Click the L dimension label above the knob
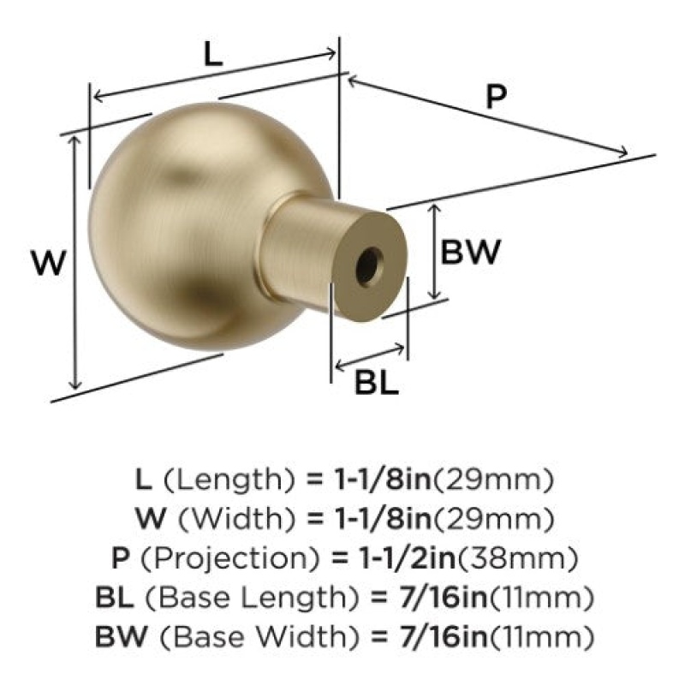coord(213,55)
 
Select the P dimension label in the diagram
coord(496,96)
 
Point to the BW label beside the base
coord(469,252)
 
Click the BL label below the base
coord(377,383)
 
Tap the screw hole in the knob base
coord(368,266)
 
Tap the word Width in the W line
coord(238,520)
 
